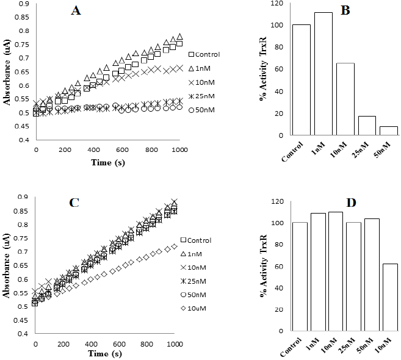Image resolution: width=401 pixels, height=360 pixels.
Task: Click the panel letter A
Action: click(x=76, y=12)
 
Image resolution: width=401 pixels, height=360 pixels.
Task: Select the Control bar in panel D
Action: click(x=300, y=277)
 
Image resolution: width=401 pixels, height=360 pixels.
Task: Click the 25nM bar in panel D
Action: click(x=350, y=277)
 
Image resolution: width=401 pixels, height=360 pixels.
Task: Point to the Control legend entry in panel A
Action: click(x=204, y=54)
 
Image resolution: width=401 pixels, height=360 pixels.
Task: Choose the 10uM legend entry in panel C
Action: click(x=204, y=309)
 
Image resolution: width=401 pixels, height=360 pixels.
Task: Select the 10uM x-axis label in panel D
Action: click(x=385, y=345)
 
